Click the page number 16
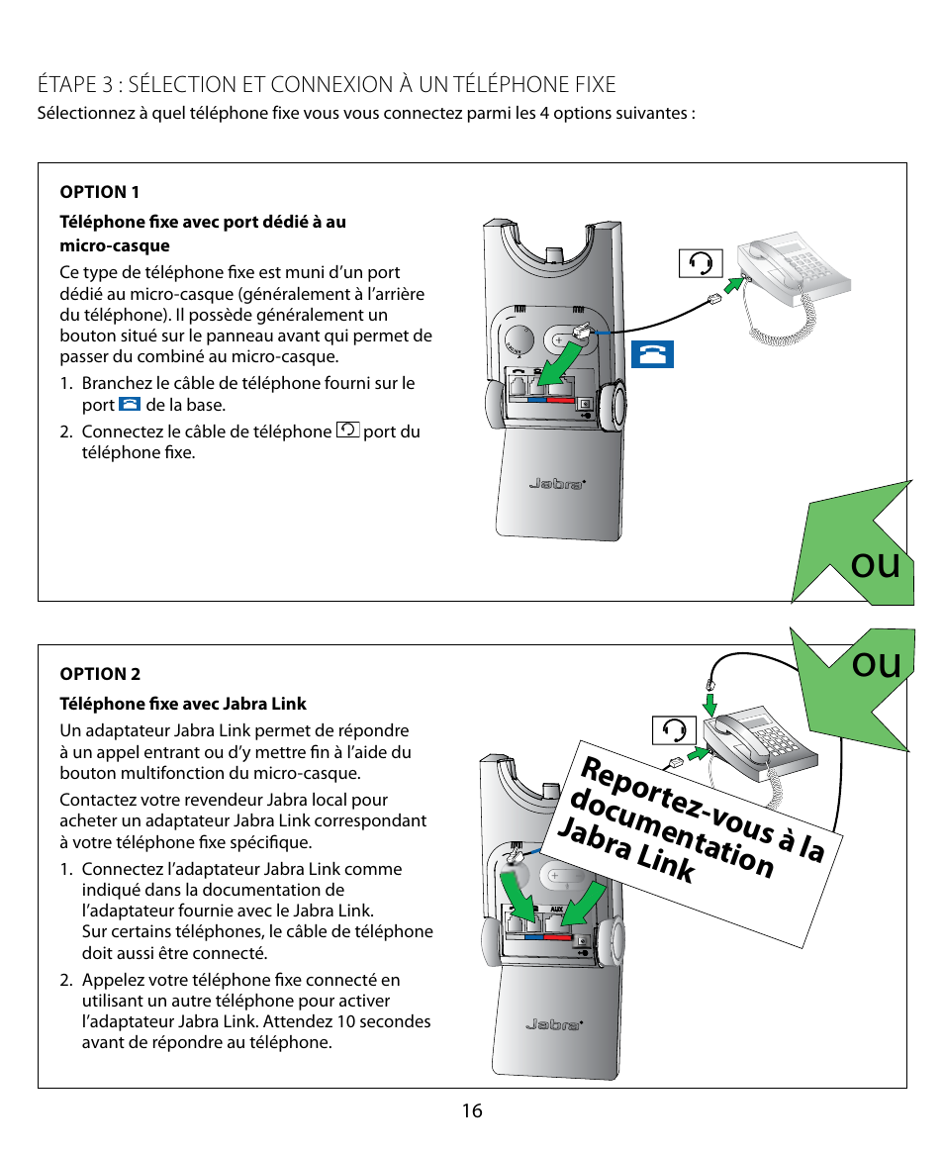click(x=472, y=1110)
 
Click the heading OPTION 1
click(x=100, y=192)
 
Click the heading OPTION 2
click(x=100, y=674)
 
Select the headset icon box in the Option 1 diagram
click(x=701, y=263)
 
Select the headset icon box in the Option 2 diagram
click(x=675, y=730)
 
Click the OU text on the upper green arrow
click(x=876, y=565)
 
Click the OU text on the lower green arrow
click(x=876, y=664)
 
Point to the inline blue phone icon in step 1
click(x=130, y=405)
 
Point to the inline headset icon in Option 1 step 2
click(x=348, y=431)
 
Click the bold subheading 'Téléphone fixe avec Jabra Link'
click(x=183, y=704)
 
